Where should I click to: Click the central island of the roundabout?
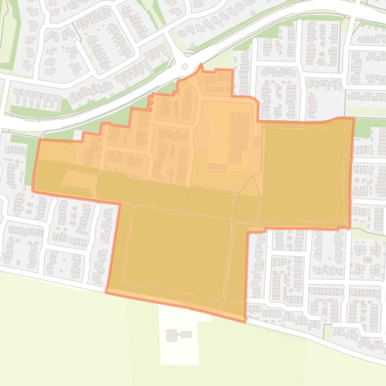184,66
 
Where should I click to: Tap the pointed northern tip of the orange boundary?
201,65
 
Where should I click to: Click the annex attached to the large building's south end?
235,157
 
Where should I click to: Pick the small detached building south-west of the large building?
217,167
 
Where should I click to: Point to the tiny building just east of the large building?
257,142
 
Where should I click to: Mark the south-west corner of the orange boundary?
107,292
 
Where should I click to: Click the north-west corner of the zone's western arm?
39,140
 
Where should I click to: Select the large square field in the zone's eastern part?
304,173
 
